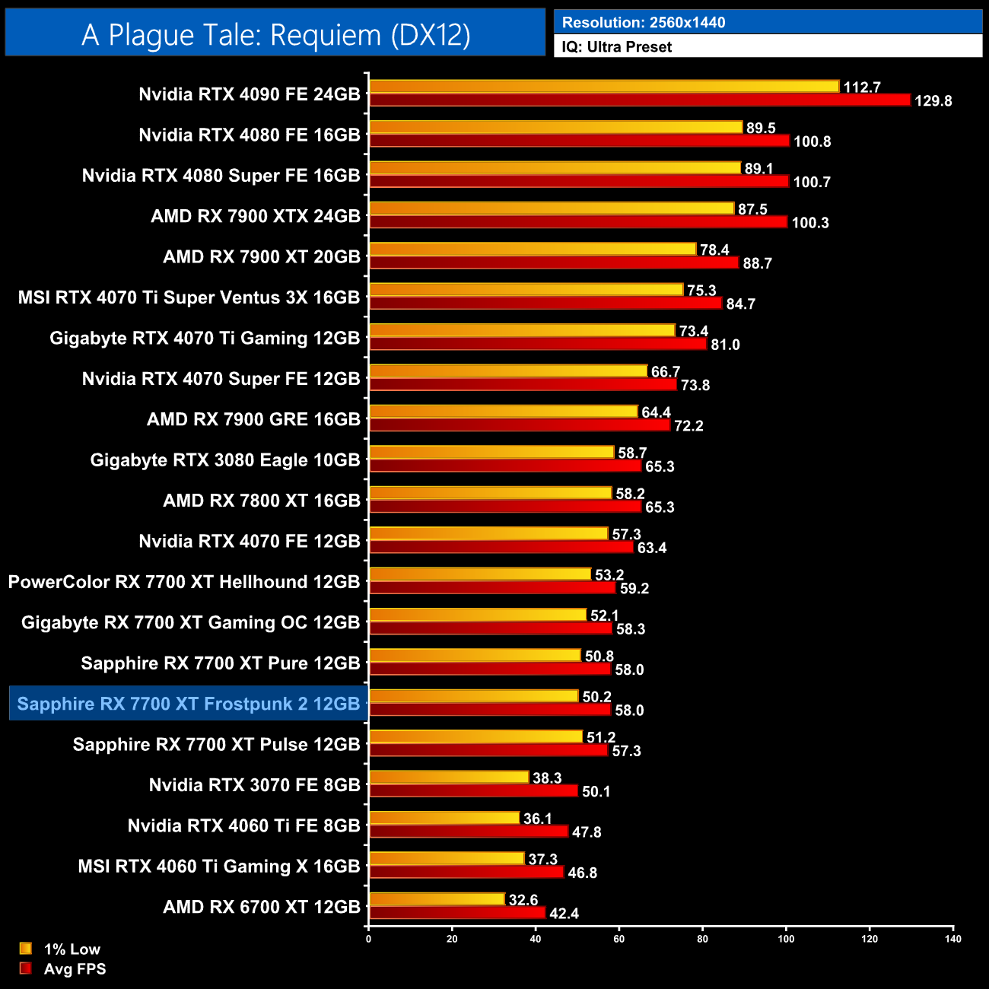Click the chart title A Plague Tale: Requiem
[275, 35]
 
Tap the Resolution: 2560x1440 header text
[643, 23]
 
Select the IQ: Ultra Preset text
[616, 47]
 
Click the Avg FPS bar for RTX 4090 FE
[639, 100]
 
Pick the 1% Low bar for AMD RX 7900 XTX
[552, 208]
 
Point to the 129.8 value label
[933, 101]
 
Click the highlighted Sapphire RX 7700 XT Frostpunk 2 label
[188, 704]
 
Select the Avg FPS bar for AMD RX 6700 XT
[456, 913]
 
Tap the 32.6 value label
[523, 900]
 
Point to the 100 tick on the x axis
[786, 939]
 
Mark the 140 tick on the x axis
[952, 939]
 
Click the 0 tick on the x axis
[369, 939]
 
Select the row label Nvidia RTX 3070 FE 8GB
[254, 785]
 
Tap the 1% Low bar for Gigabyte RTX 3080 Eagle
[491, 453]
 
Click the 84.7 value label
[740, 304]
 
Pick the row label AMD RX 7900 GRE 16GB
[253, 419]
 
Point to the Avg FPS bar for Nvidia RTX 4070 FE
[501, 547]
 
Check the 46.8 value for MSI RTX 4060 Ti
[582, 873]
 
